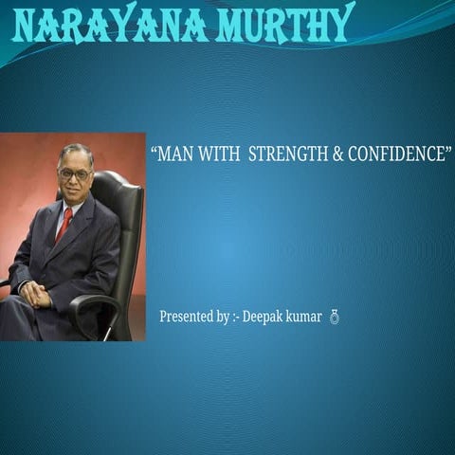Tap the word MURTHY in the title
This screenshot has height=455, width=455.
[285, 25]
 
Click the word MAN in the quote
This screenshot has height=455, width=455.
[176, 155]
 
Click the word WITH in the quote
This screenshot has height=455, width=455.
[219, 155]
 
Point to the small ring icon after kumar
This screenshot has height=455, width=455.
[334, 317]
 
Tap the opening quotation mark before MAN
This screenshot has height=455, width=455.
[155, 150]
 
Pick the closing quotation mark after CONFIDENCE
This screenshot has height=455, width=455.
[447, 150]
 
